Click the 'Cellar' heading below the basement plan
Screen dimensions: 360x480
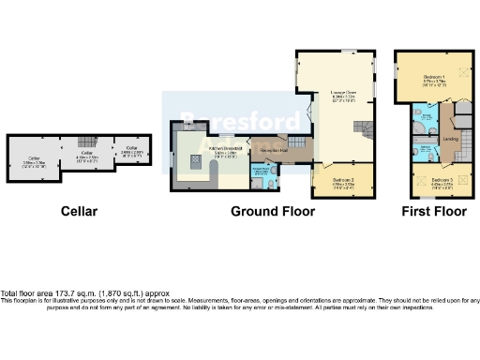coord(80,211)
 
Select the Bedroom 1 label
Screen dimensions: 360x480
coord(433,79)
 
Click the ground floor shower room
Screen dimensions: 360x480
coord(260,174)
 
